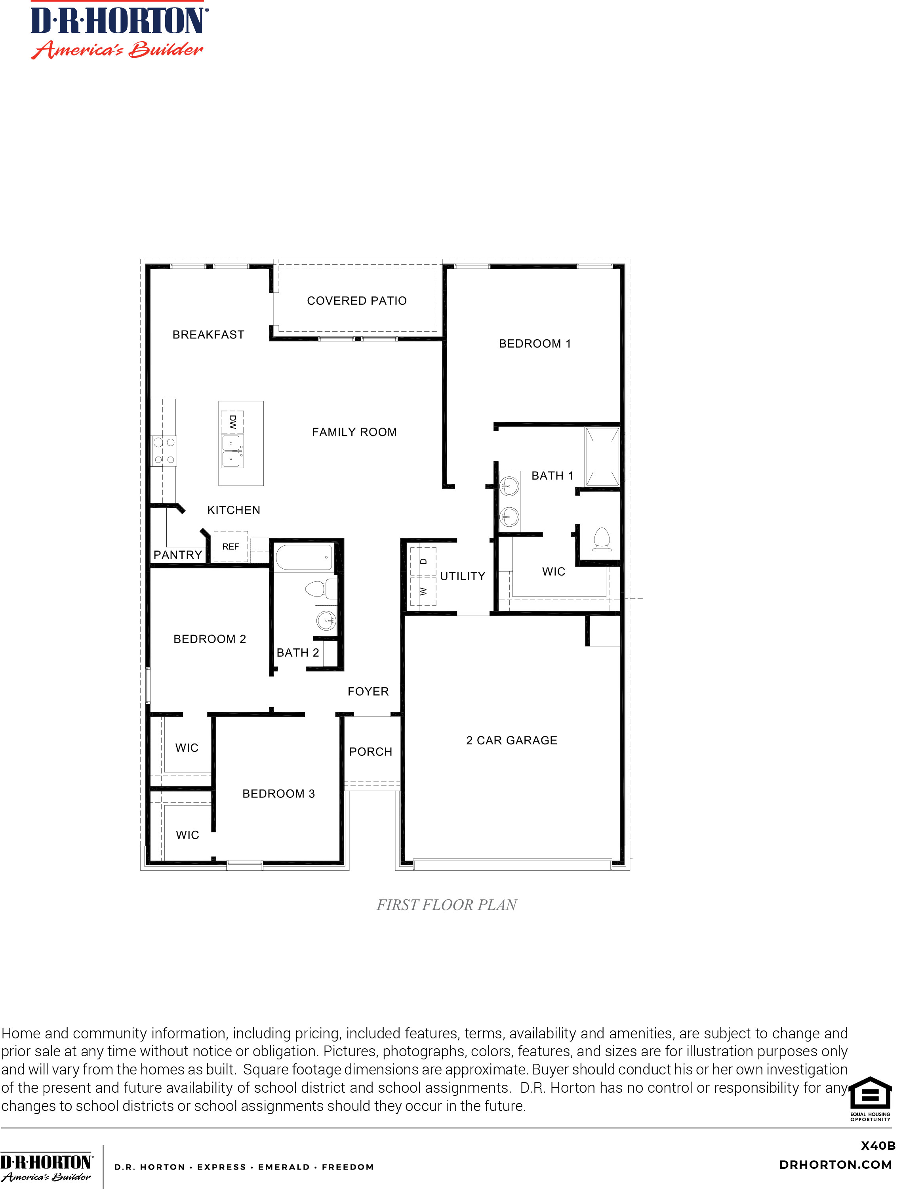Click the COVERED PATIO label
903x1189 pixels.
tap(357, 300)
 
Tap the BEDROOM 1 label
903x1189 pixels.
tap(535, 344)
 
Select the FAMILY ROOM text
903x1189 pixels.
tap(354, 432)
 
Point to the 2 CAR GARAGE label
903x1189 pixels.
tap(512, 740)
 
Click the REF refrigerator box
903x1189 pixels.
tap(231, 547)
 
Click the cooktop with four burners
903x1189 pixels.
tap(164, 451)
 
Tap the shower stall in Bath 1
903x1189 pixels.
tap(602, 457)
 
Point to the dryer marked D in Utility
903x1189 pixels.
tap(423, 561)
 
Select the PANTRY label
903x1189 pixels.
tap(178, 554)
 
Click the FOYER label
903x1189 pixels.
tap(368, 691)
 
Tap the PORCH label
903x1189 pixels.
tap(371, 751)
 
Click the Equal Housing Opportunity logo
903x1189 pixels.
tap(870, 1099)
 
